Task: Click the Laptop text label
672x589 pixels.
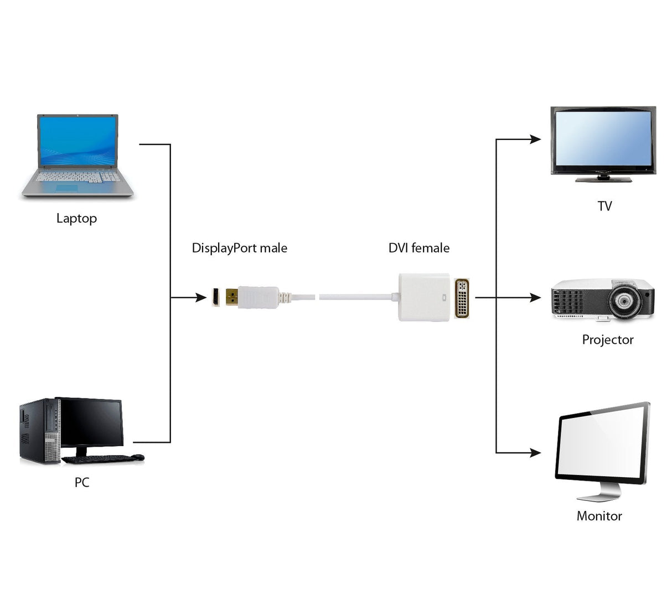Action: [x=76, y=218]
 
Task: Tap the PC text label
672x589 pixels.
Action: [x=82, y=482]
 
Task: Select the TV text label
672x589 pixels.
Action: [x=604, y=206]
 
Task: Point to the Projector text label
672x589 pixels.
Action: [x=607, y=339]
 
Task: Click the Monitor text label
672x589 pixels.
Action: [x=599, y=516]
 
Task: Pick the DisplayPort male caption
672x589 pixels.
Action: [x=239, y=248]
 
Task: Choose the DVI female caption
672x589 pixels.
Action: [x=418, y=248]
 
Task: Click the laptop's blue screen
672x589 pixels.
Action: [x=77, y=141]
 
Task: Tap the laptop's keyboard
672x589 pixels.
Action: [x=77, y=177]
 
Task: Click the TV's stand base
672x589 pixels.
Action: [x=603, y=179]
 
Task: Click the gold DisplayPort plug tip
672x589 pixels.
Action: [x=231, y=297]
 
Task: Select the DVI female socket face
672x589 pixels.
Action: [x=462, y=298]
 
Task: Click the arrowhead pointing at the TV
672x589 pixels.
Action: [x=535, y=139]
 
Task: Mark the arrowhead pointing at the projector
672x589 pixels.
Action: [x=535, y=297]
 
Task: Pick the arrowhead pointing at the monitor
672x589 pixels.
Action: [x=535, y=452]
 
